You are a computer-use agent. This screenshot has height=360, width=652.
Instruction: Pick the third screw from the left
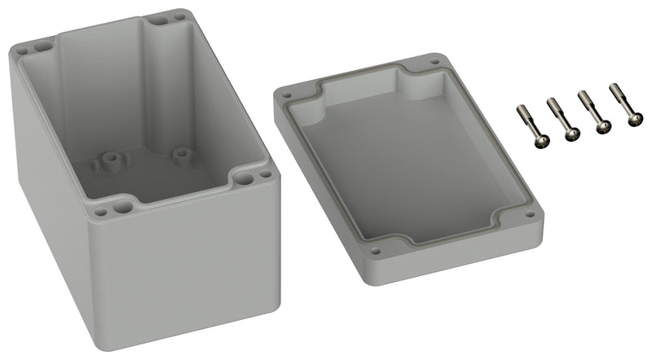click(593, 112)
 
